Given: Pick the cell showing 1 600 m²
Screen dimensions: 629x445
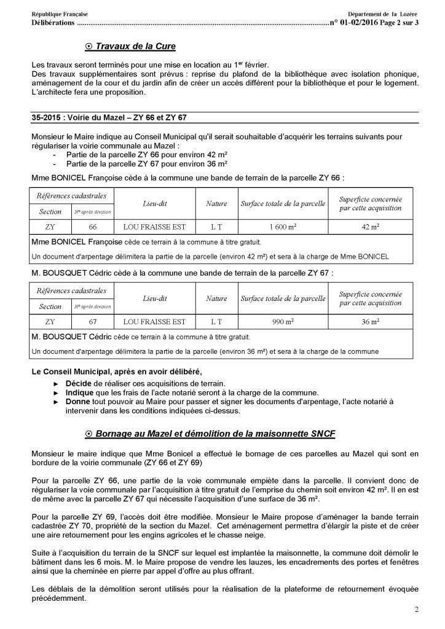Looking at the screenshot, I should (x=283, y=227).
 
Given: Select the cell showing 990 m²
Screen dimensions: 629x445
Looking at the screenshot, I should (x=283, y=321).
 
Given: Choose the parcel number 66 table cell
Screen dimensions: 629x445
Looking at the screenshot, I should (x=93, y=227).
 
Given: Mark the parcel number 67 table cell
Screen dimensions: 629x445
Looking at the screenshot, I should (x=93, y=321).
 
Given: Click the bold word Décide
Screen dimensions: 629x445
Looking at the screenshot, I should (x=79, y=383).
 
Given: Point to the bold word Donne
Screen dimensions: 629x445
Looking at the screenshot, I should (x=78, y=401).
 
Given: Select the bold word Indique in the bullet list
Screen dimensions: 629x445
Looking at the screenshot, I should (x=81, y=392).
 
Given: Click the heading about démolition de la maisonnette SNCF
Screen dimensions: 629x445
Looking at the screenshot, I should (x=214, y=434).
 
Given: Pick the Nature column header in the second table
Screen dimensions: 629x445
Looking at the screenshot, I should (x=216, y=299).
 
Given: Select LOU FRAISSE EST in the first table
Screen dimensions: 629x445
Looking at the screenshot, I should (x=154, y=227).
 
